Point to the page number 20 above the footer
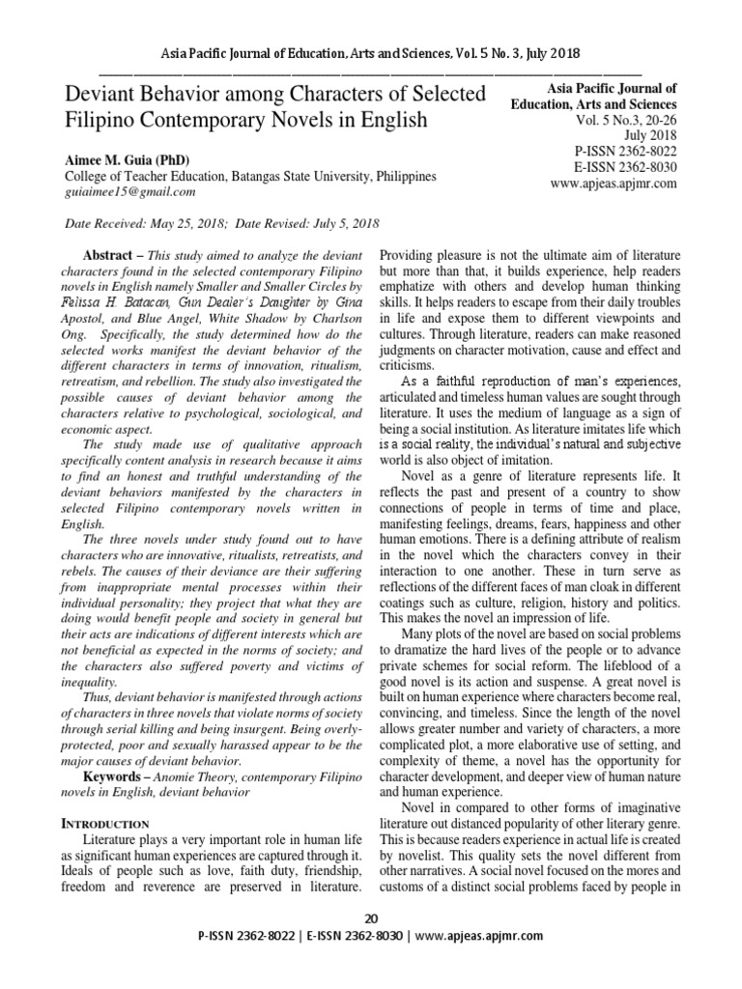371,917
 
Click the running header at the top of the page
371,52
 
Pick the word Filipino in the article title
107,122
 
